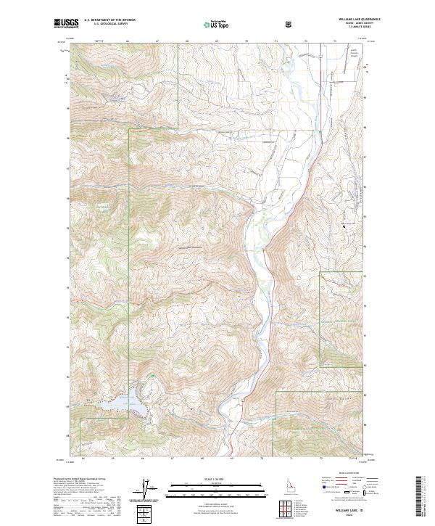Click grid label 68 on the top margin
188,41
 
